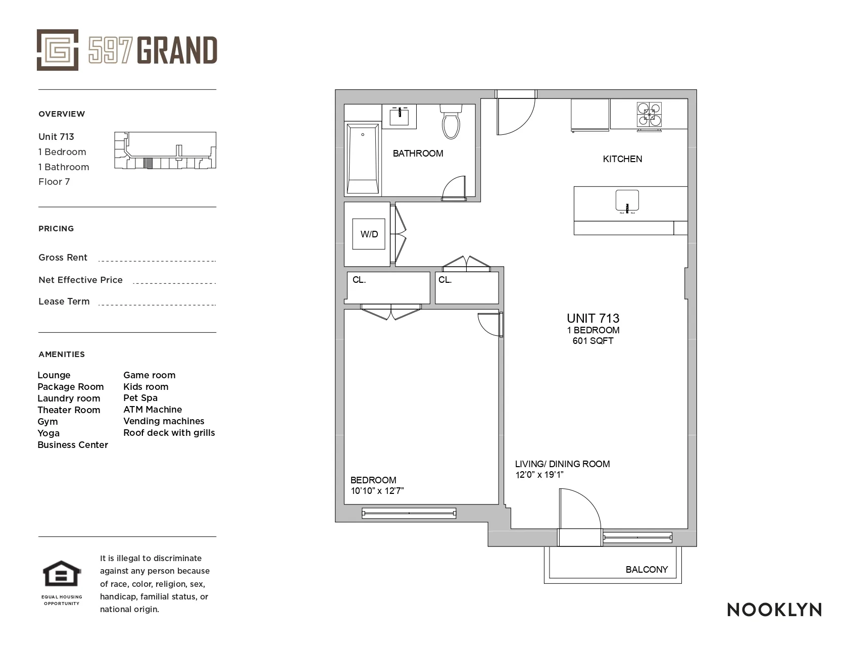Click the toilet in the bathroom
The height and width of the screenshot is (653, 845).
pyautogui.click(x=451, y=123)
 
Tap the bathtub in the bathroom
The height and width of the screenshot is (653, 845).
pyautogui.click(x=363, y=158)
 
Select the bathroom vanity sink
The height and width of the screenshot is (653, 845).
pyautogui.click(x=403, y=116)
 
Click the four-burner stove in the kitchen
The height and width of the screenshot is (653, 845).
pyautogui.click(x=649, y=114)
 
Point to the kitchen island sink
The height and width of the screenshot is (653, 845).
pyautogui.click(x=627, y=200)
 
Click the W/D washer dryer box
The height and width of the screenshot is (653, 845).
pyautogui.click(x=369, y=234)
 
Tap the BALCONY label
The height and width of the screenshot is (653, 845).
pyautogui.click(x=647, y=570)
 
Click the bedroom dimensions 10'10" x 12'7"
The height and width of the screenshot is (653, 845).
pyautogui.click(x=377, y=491)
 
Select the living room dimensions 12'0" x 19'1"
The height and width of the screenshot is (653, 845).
pyautogui.click(x=539, y=475)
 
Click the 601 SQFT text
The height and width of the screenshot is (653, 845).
pyautogui.click(x=593, y=341)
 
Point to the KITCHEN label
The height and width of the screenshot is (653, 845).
pyautogui.click(x=622, y=159)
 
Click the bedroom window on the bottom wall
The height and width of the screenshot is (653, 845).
pyautogui.click(x=409, y=514)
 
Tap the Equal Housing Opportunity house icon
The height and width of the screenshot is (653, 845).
pyautogui.click(x=62, y=575)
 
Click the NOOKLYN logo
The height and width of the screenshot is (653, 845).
pyautogui.click(x=774, y=610)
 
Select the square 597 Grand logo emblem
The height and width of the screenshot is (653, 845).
pyautogui.click(x=58, y=50)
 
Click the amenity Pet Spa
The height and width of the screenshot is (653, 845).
pyautogui.click(x=140, y=398)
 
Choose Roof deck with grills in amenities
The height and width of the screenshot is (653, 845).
pyautogui.click(x=169, y=433)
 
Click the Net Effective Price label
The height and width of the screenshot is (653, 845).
pyautogui.click(x=80, y=280)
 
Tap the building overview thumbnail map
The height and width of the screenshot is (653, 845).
pyautogui.click(x=165, y=150)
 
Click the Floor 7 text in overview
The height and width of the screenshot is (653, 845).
pyautogui.click(x=54, y=182)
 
